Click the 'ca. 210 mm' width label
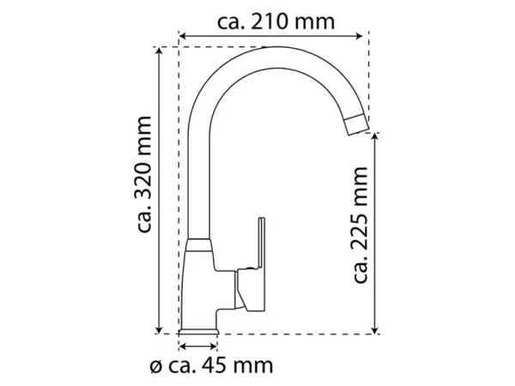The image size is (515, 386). (x=276, y=22)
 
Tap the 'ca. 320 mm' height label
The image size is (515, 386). (x=144, y=174)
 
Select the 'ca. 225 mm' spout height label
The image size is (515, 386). (x=360, y=225)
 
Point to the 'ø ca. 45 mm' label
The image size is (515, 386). (x=211, y=365)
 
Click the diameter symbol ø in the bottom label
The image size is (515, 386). (x=155, y=367)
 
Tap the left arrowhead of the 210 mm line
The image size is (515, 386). (x=183, y=36)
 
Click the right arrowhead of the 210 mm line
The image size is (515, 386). (x=359, y=36)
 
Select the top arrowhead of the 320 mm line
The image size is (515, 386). (x=159, y=51)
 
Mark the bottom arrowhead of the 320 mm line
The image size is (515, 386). (x=159, y=329)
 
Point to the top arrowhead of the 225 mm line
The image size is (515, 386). (x=375, y=137)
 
